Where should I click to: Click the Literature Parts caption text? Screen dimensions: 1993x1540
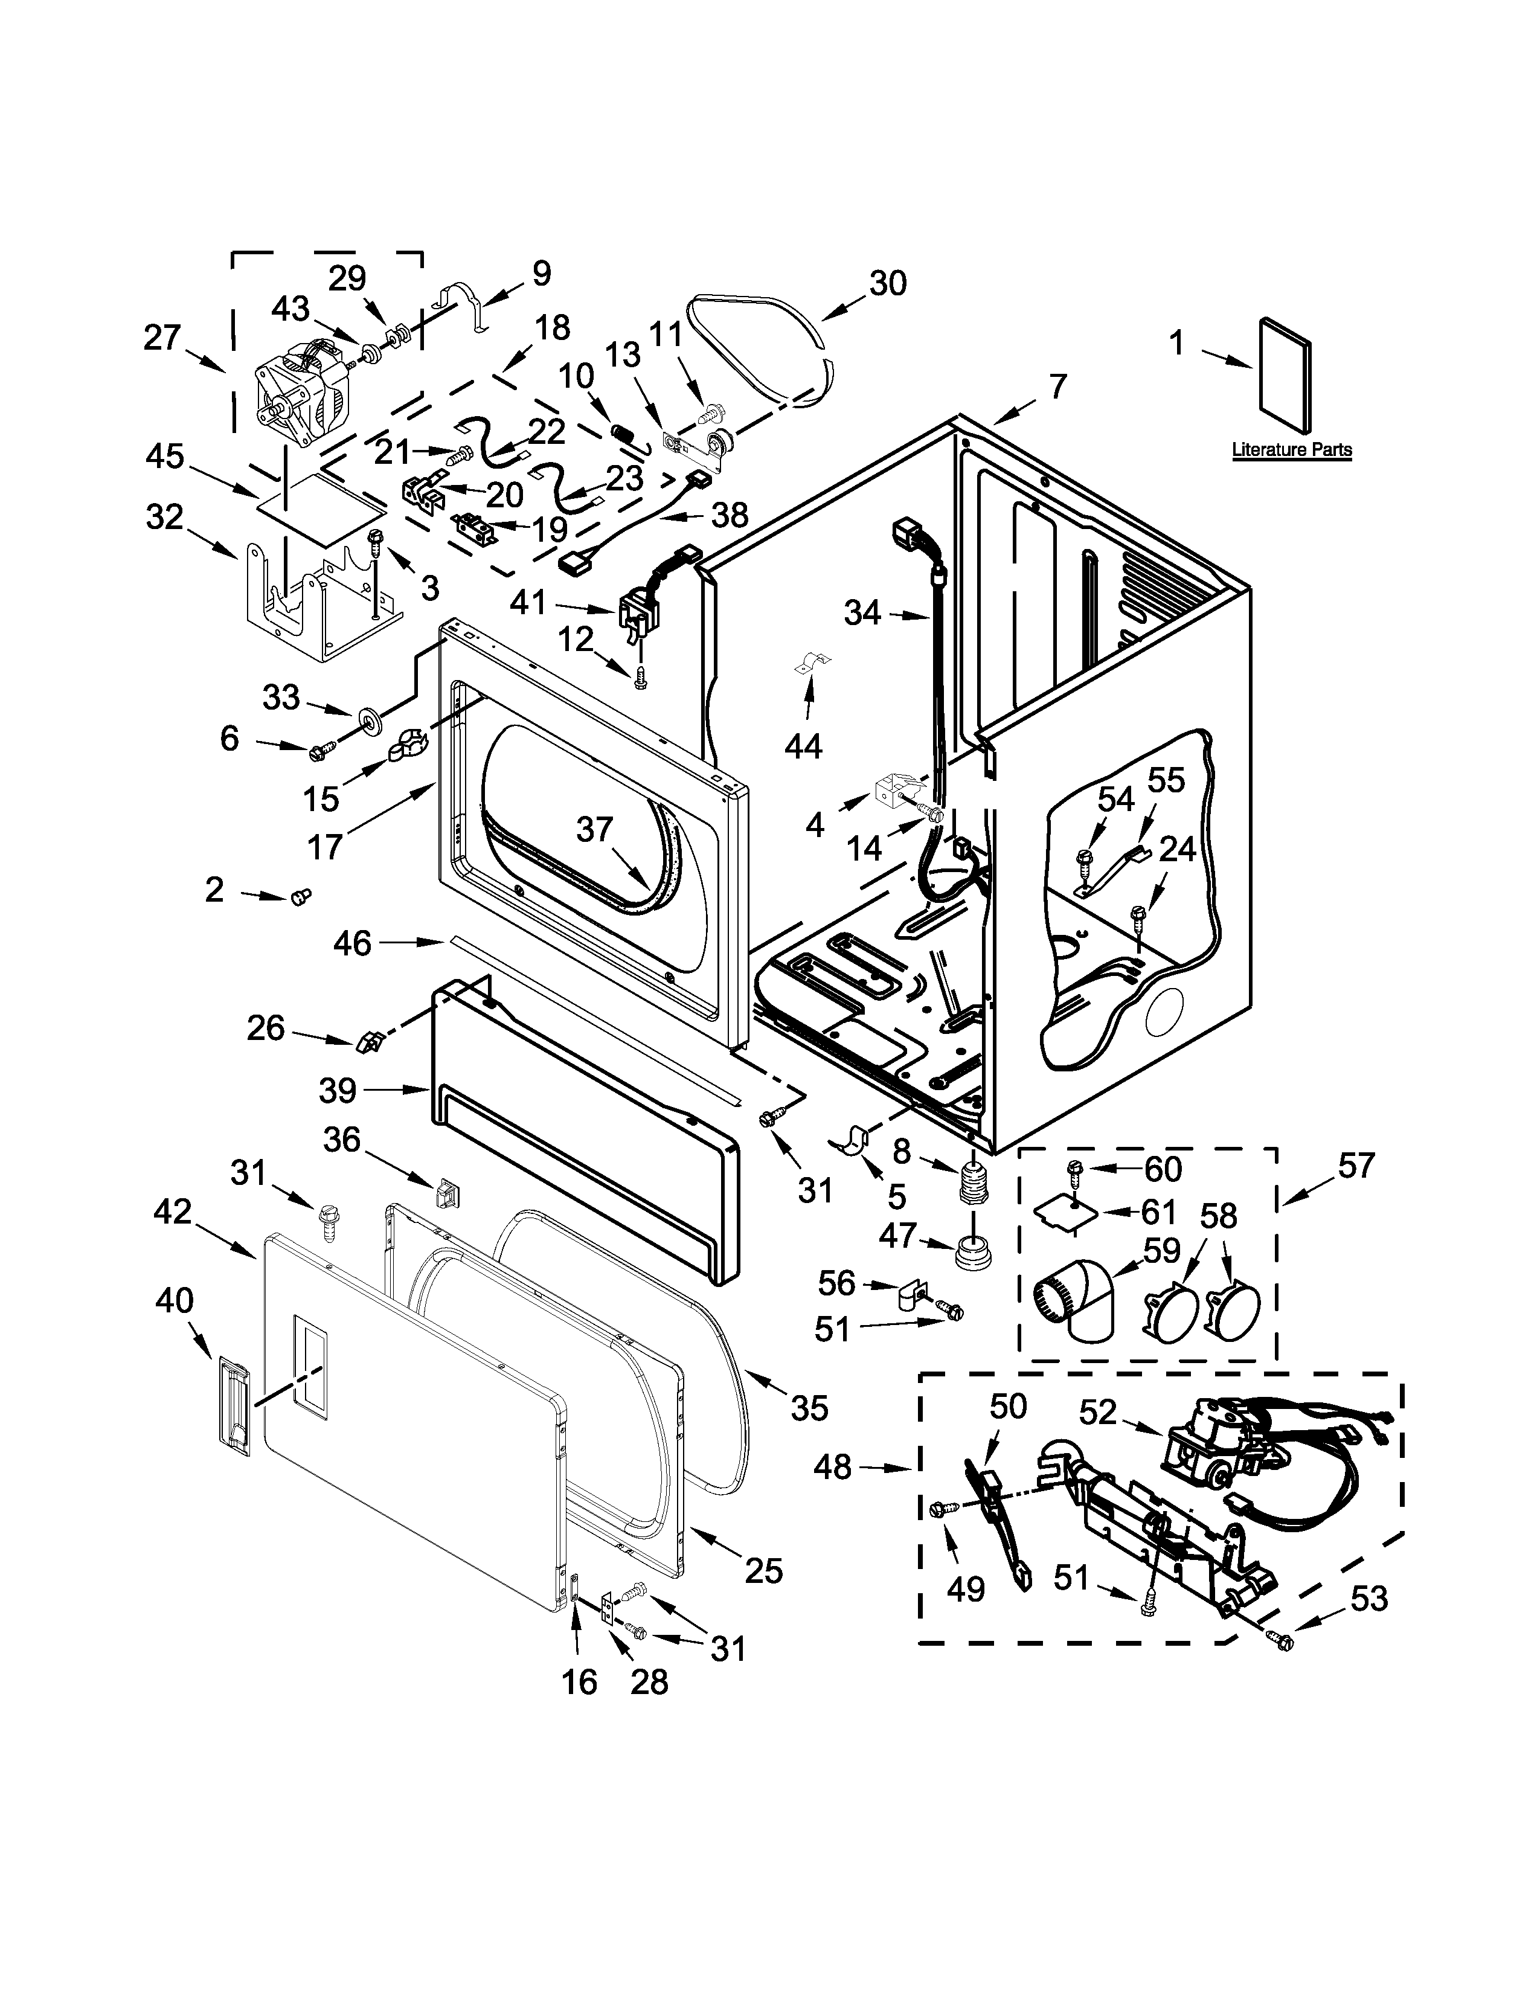(x=1291, y=450)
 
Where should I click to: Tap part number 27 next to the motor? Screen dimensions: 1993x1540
(x=162, y=339)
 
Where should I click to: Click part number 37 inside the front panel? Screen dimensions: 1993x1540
(x=594, y=829)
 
